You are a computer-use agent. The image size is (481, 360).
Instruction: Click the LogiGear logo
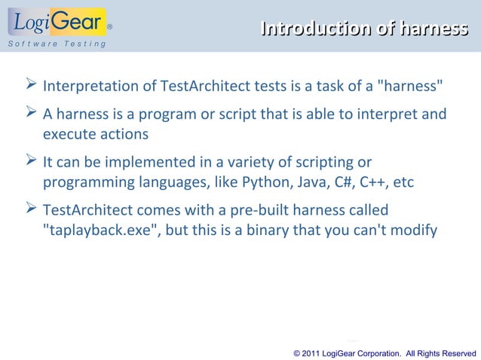(x=57, y=23)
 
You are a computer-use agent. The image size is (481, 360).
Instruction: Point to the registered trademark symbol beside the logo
(x=110, y=25)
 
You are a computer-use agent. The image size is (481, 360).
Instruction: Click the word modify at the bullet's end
(x=413, y=230)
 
